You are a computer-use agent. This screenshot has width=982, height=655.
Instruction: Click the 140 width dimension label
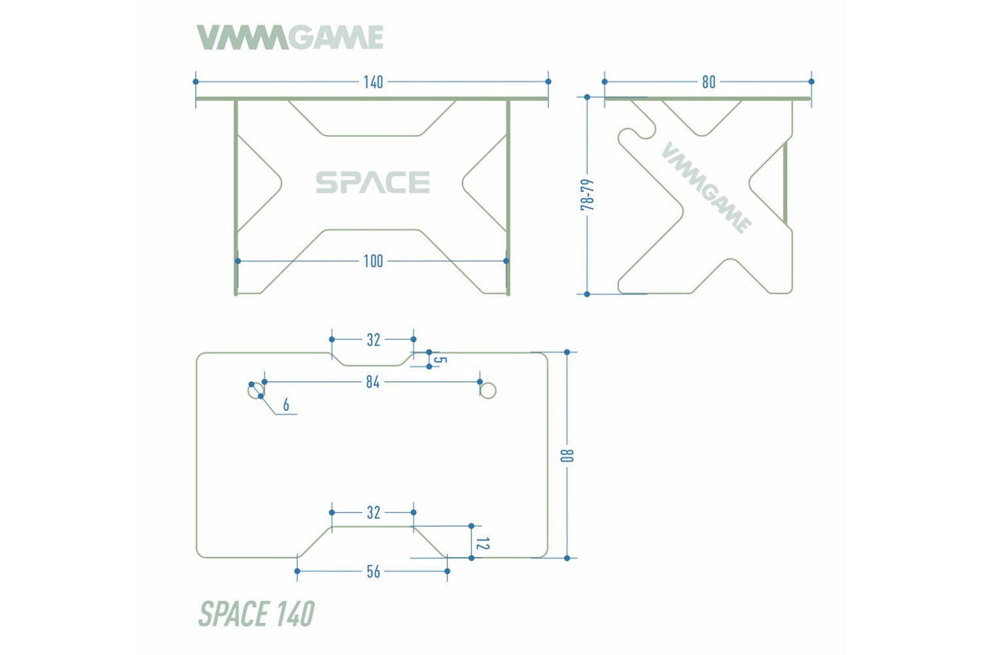[x=373, y=82]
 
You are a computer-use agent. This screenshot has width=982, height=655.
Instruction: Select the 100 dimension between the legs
[x=373, y=261]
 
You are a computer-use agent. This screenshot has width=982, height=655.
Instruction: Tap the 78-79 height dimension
[x=587, y=195]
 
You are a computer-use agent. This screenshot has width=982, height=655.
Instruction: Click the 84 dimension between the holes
[x=373, y=382]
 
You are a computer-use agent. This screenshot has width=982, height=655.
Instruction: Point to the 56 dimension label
[x=373, y=572]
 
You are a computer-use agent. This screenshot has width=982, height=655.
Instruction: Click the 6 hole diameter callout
[x=286, y=405]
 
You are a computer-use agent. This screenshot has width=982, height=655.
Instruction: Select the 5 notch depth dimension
[x=439, y=361]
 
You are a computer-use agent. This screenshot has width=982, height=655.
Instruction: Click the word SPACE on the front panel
[x=373, y=183]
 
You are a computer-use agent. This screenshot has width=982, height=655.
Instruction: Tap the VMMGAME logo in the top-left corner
[x=290, y=38]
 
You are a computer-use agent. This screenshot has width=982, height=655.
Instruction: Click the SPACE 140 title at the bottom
[x=256, y=614]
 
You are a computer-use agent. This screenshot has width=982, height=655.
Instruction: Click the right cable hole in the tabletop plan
[x=488, y=391]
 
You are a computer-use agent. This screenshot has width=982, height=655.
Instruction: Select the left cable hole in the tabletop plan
[x=255, y=391]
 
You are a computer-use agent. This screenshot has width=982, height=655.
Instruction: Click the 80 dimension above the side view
[x=708, y=82]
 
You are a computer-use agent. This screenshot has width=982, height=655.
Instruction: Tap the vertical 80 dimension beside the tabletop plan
[x=568, y=455]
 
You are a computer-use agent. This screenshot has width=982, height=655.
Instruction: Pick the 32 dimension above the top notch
[x=373, y=340]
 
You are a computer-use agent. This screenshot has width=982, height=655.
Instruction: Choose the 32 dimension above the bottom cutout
[x=373, y=512]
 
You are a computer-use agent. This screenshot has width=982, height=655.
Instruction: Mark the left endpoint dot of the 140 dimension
[x=196, y=82]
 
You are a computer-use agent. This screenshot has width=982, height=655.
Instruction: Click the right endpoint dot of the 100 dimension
[x=506, y=261]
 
